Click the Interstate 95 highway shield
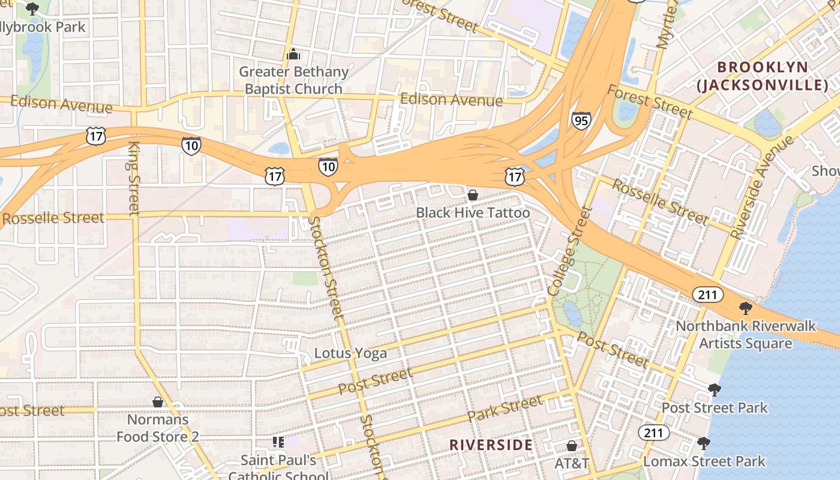point(581,121)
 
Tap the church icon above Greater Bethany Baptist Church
point(293,55)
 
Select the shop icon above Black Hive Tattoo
point(473,195)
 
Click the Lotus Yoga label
point(350,353)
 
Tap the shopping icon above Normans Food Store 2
point(158,402)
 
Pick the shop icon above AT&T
point(572,446)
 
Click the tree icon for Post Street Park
point(714,390)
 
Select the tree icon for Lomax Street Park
point(704,443)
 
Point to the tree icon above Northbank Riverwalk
point(745,308)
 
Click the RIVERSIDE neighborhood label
point(491,445)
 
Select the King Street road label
point(134,178)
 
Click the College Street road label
point(568,250)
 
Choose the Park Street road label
point(505,408)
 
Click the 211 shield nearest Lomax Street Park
point(653,432)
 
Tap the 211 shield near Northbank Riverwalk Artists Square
point(708,295)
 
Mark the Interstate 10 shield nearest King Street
point(191,145)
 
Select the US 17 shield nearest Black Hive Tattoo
point(515,176)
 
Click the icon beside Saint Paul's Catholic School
point(278,442)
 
